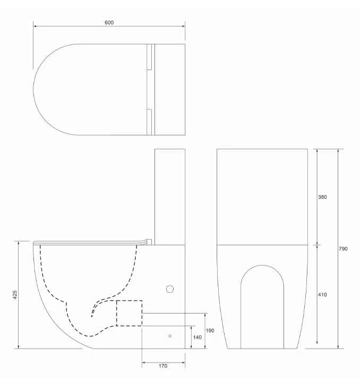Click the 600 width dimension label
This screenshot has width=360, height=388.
click(109, 23)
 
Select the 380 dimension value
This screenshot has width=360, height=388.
click(322, 197)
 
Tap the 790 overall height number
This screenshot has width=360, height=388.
click(344, 249)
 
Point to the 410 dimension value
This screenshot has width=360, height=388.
click(322, 294)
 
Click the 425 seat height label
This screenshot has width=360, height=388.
click(14, 294)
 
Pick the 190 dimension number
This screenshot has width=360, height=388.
click(210, 331)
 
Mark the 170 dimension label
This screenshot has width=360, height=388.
click(163, 366)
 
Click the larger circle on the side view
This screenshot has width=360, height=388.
click(170, 289)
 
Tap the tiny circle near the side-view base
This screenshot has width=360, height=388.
click(170, 336)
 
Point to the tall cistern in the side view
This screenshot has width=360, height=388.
click(169, 194)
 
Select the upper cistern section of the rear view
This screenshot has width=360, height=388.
click(262, 196)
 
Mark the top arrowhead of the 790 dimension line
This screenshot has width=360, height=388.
click(339, 151)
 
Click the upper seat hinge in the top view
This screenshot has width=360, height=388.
click(149, 57)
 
